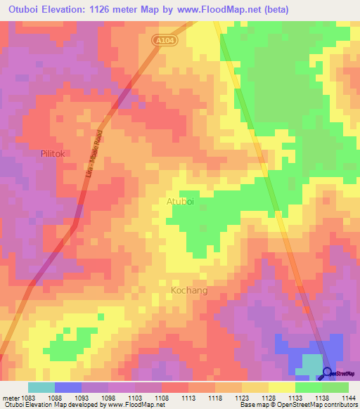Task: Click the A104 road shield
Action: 165,41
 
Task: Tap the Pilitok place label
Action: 53,152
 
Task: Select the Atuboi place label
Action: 180,202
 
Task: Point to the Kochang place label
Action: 189,290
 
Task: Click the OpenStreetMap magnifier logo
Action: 328,373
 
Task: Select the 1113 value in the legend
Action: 188,397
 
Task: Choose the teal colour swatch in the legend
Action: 41,387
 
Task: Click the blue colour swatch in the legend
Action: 68,387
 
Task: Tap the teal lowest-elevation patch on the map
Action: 310,363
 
